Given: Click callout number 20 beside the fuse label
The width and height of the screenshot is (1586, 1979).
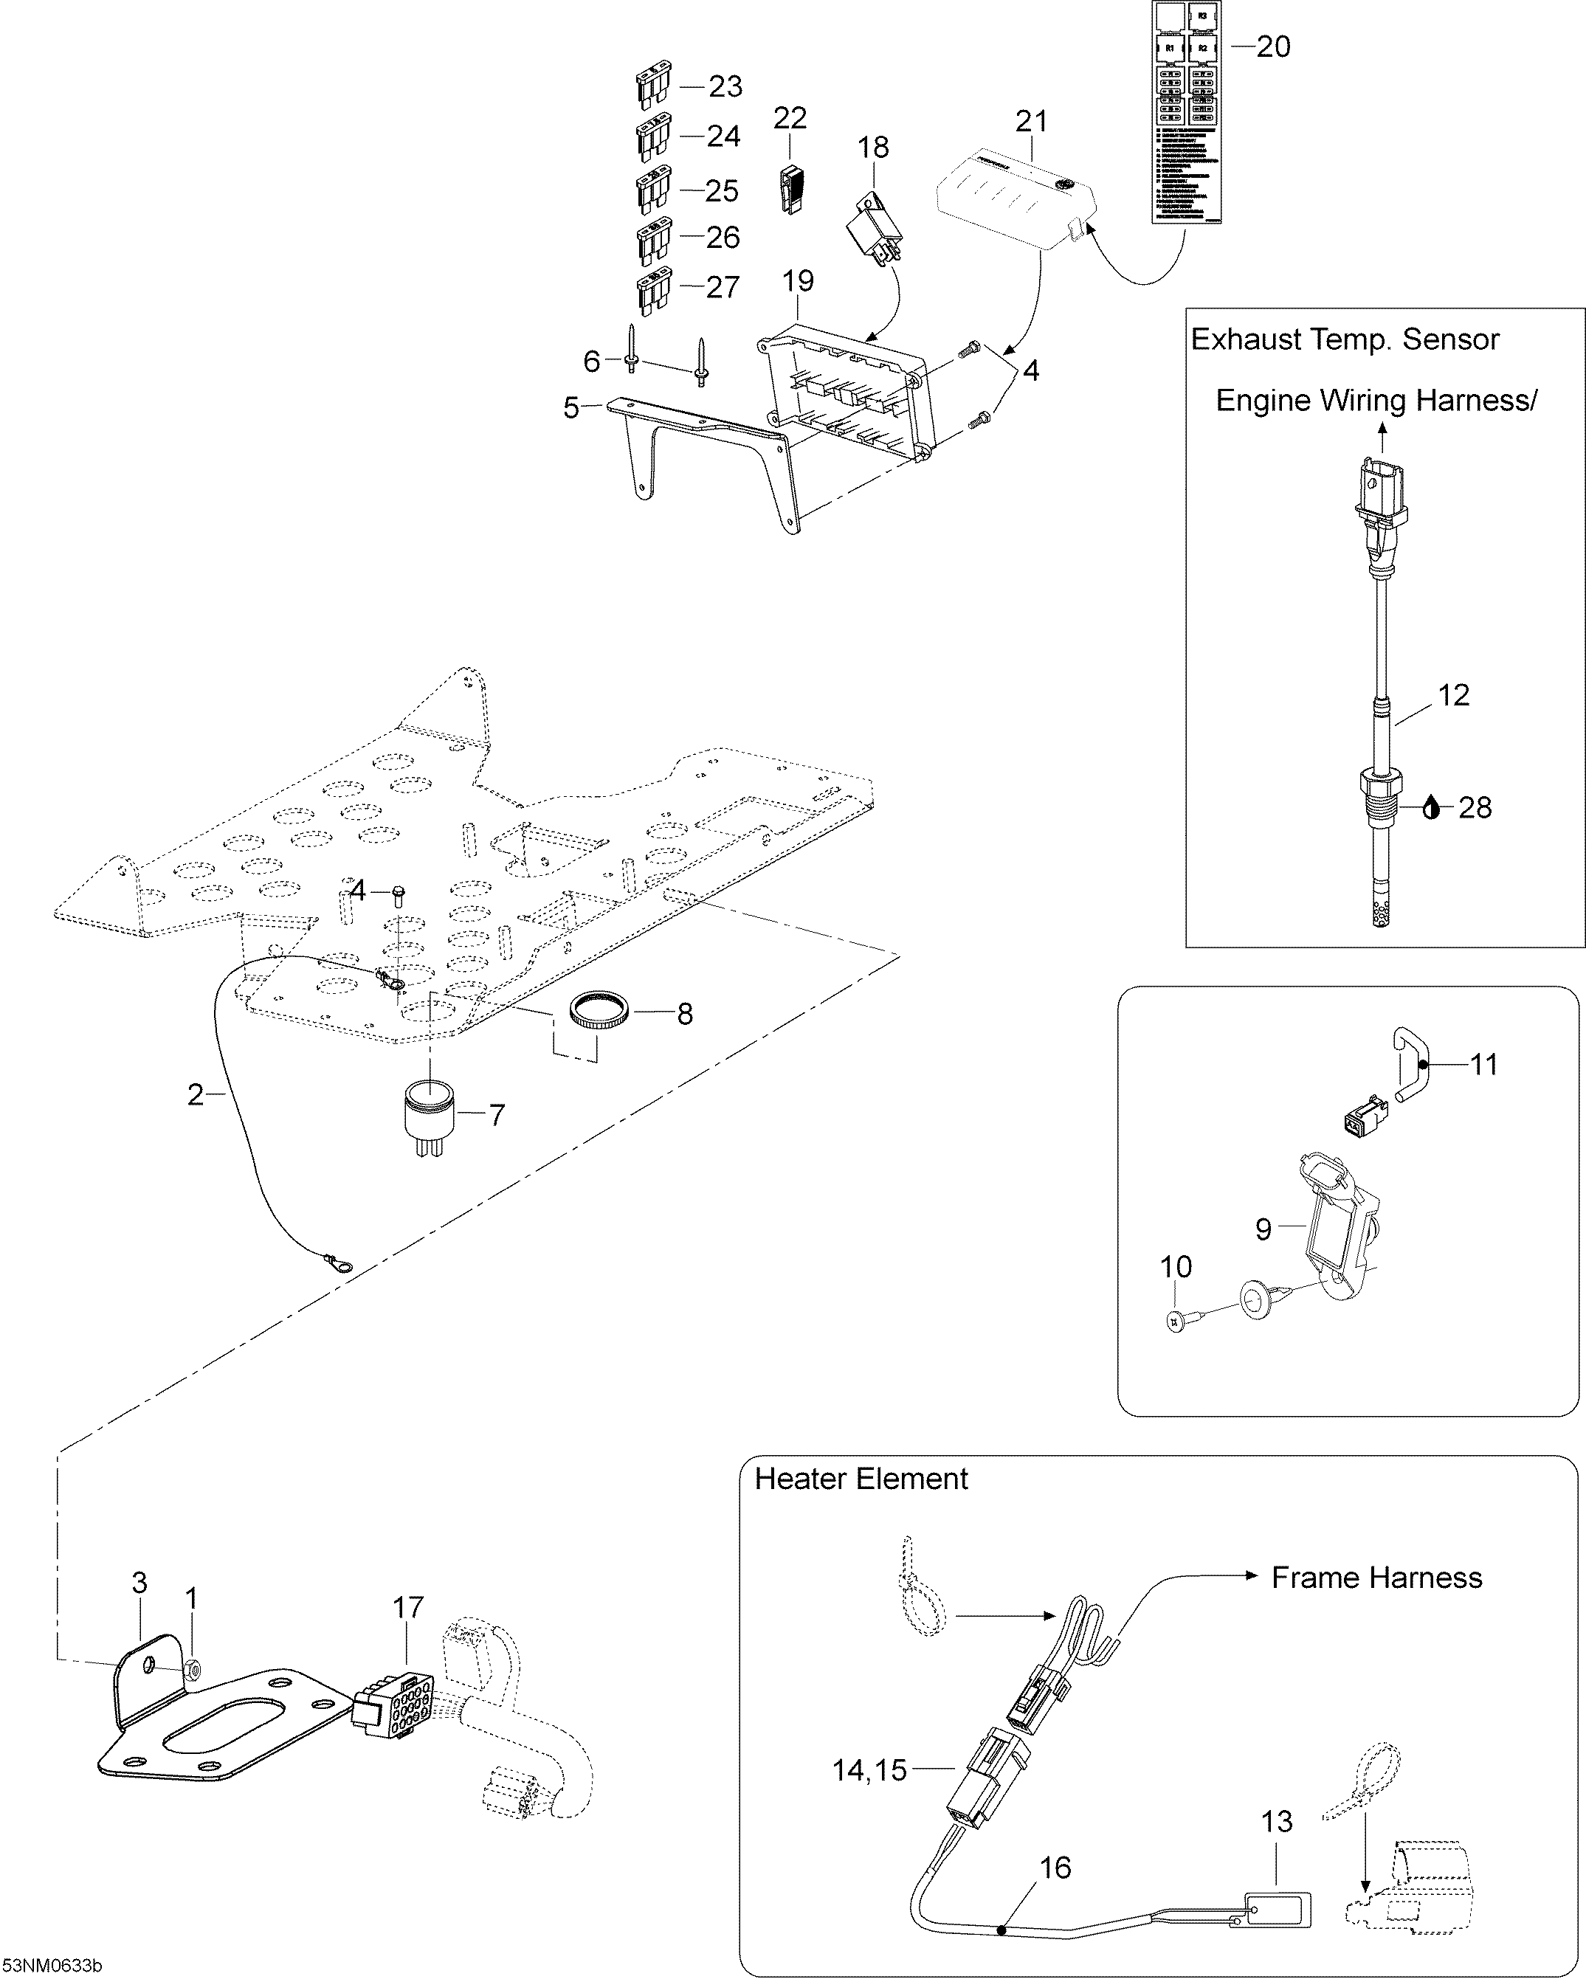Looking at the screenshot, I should pos(1273,46).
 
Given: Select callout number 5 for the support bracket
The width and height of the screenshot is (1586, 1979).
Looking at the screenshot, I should pos(571,407).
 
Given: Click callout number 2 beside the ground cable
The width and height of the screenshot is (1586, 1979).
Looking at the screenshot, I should pos(195,1094).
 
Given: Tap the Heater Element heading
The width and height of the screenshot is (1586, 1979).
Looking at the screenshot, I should pos(861,1479).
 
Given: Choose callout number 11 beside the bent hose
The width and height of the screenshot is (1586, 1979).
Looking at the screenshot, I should pos(1483,1065).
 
